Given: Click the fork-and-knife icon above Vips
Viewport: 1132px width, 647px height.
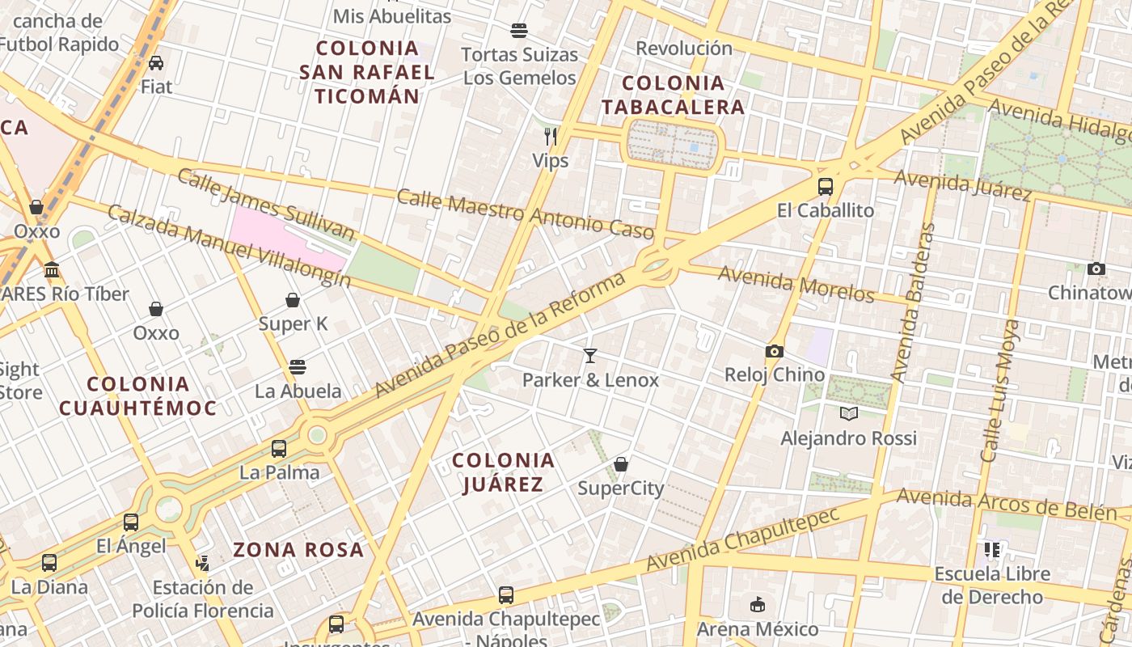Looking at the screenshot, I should [551, 136].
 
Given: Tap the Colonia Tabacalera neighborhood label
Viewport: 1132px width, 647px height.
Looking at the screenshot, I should [673, 95].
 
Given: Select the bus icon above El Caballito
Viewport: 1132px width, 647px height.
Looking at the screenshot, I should [825, 187].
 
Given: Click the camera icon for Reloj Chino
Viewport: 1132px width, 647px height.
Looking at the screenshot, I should [774, 351].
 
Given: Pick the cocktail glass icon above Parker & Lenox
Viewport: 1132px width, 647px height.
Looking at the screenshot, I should [590, 355].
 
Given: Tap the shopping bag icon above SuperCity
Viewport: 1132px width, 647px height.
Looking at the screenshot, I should [620, 464].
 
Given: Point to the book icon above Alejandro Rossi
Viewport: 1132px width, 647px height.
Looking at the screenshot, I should [848, 414].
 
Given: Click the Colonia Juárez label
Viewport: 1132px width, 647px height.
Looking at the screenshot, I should [503, 472].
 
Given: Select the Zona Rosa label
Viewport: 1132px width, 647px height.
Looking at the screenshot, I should [298, 550].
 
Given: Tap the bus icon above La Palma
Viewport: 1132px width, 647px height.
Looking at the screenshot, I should [279, 448].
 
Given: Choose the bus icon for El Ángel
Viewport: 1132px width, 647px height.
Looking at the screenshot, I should [131, 522].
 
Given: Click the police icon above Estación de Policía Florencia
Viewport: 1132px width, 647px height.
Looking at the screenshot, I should [202, 563].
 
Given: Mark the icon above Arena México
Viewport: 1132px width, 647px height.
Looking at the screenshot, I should [757, 605].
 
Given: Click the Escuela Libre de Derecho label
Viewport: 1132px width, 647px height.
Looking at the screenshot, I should [992, 586].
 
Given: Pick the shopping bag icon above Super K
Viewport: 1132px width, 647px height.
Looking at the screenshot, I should [293, 300].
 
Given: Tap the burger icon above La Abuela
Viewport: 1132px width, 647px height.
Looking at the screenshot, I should [298, 367].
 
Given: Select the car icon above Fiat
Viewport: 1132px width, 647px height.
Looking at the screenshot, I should [156, 62].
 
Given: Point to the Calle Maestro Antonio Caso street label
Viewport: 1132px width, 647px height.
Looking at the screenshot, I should [525, 214].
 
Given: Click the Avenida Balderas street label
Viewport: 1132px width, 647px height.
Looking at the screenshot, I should [911, 302].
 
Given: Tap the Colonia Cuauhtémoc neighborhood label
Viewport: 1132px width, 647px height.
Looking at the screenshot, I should [137, 395].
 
